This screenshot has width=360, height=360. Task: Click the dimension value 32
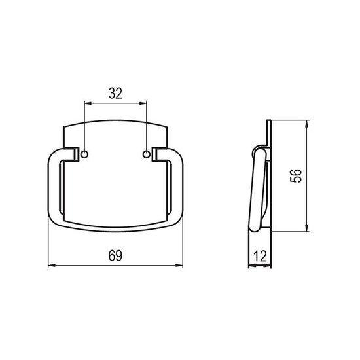point(115,94)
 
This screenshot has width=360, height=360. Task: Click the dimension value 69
point(115,255)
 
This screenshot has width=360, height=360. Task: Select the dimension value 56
point(296,176)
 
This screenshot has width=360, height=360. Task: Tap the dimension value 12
point(261,256)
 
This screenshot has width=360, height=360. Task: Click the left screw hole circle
point(84,154)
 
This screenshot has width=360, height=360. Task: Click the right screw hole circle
point(146,154)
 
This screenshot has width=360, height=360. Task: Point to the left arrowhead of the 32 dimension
point(88,103)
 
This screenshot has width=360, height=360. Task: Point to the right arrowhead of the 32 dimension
point(143,103)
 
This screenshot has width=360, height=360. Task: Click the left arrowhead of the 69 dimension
point(52,266)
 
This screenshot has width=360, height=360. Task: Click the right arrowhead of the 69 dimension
point(179,266)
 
